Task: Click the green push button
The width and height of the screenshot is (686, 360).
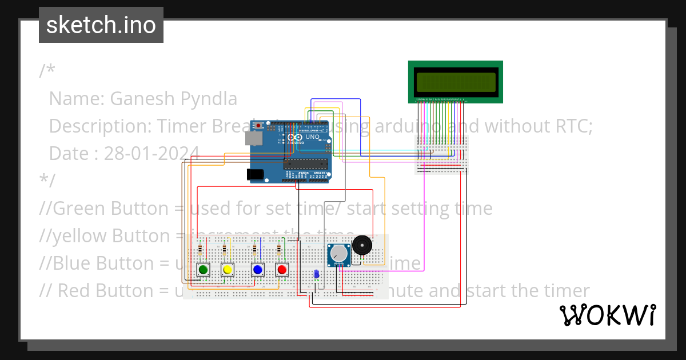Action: pos(203,270)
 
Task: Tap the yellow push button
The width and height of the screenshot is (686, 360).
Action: pos(228,270)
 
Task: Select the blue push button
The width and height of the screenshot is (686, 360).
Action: pos(258,270)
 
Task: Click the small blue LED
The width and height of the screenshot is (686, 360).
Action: pos(316,275)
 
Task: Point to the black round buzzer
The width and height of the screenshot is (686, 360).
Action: pos(362,245)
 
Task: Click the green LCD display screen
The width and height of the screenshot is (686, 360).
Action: pos(455,82)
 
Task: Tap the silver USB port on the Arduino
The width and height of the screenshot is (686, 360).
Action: pos(254,138)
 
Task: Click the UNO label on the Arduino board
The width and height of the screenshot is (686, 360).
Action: pos(312,137)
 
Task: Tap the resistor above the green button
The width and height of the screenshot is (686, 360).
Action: pos(200,250)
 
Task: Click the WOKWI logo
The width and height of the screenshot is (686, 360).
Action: pos(607,315)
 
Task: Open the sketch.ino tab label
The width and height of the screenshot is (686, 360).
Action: pos(101,25)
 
